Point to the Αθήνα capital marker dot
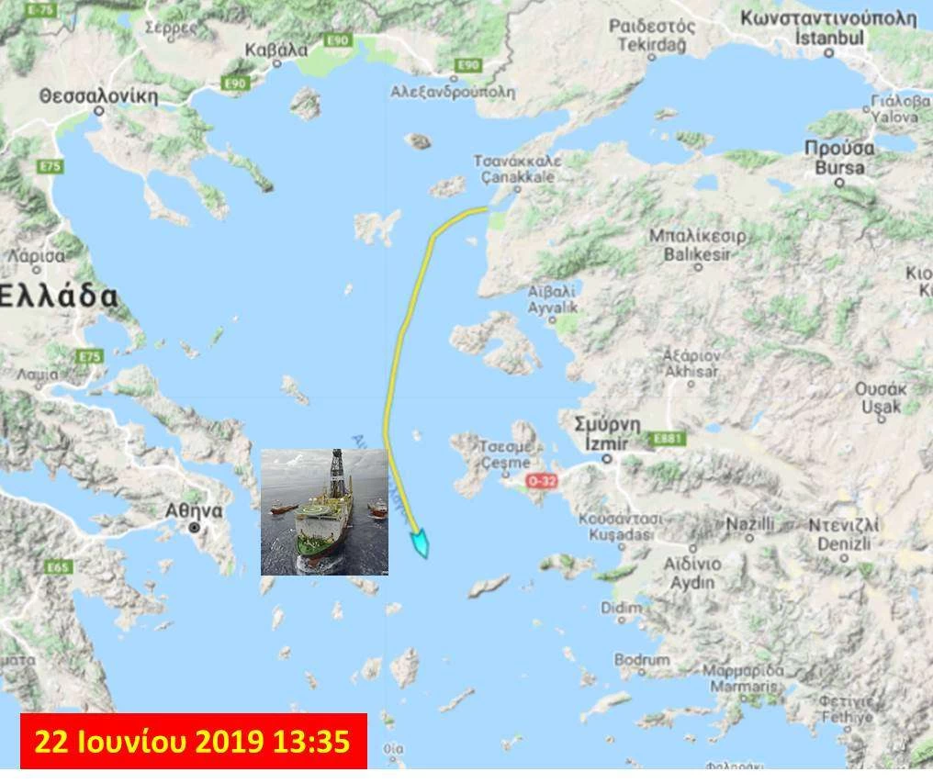(195, 528)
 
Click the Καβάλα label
(276, 50)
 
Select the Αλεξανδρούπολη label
(453, 92)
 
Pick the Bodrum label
(642, 659)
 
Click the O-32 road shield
(542, 480)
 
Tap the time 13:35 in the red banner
(320, 741)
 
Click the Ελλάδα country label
(60, 296)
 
